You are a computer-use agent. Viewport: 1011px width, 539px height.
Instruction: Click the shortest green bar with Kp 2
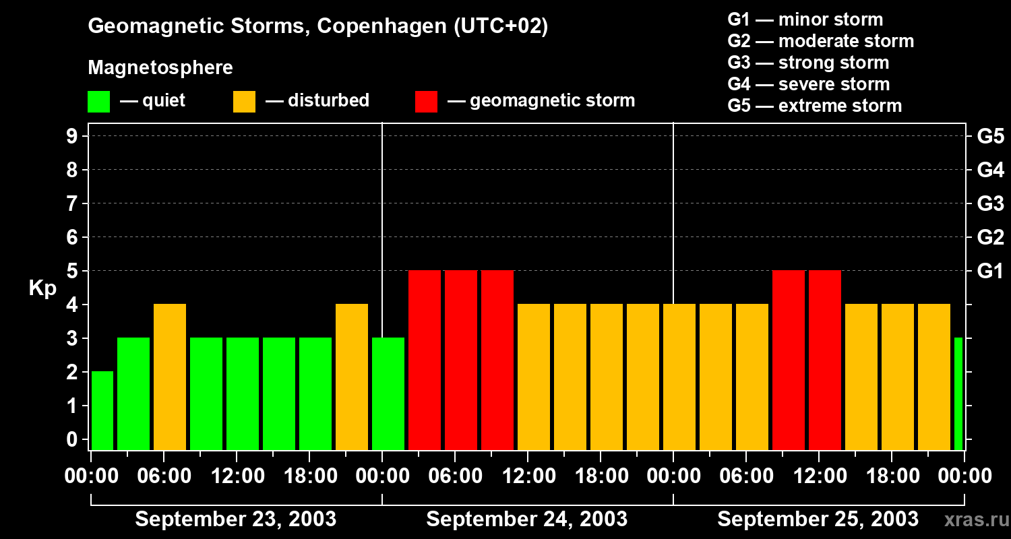click(102, 410)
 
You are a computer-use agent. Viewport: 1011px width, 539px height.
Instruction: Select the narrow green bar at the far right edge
click(958, 393)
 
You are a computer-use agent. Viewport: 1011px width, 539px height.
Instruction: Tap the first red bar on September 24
click(425, 360)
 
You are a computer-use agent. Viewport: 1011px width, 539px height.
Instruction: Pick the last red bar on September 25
click(825, 360)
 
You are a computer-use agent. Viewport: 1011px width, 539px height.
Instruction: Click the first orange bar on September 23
click(170, 376)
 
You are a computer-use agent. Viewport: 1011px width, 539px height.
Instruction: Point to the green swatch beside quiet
click(98, 102)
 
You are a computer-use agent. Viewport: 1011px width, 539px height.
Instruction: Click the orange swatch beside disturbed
click(244, 102)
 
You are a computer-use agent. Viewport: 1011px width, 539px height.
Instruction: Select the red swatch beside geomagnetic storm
click(426, 102)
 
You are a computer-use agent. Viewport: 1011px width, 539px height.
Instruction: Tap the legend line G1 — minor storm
click(805, 20)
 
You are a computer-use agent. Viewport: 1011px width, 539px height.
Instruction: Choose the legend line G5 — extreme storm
click(814, 106)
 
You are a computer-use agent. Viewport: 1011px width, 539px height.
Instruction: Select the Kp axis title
click(42, 288)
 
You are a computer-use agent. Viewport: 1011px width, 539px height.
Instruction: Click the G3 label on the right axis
click(990, 203)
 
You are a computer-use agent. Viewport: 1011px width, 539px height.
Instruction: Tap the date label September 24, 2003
click(526, 519)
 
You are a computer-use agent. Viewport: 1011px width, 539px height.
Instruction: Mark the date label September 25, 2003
click(818, 519)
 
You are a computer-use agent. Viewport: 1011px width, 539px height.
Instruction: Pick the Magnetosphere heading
click(160, 68)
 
